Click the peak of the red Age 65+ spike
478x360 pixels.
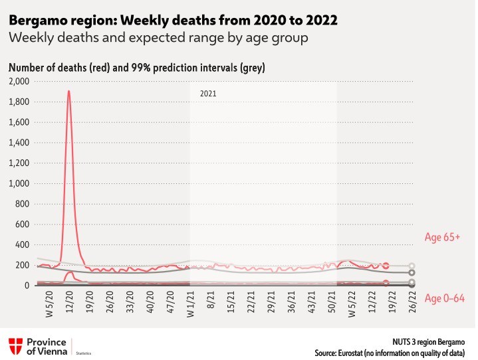(68, 91)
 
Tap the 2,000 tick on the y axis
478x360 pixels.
(19, 82)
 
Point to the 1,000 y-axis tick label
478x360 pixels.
(19, 183)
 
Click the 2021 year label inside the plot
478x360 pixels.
(209, 94)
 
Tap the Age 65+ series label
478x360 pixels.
(441, 237)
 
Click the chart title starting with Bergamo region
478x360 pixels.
(174, 21)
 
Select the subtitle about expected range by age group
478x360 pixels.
(158, 39)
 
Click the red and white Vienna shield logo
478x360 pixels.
(15, 345)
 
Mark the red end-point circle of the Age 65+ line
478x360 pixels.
(386, 266)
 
